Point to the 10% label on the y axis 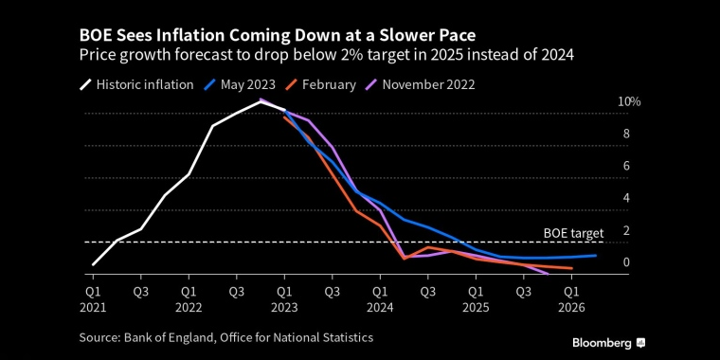(x=629, y=101)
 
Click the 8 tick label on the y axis (x=626, y=134)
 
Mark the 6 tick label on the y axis (x=626, y=166)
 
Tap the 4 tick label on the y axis (x=626, y=198)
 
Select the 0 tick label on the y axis (x=626, y=262)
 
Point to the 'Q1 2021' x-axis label (x=93, y=299)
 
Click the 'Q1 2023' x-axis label (x=284, y=299)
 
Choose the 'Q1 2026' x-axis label (x=571, y=299)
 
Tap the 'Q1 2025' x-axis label (x=476, y=299)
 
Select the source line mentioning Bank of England (x=226, y=337)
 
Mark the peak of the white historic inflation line (x=261, y=101)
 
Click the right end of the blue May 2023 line (x=596, y=255)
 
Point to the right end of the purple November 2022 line (x=549, y=274)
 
